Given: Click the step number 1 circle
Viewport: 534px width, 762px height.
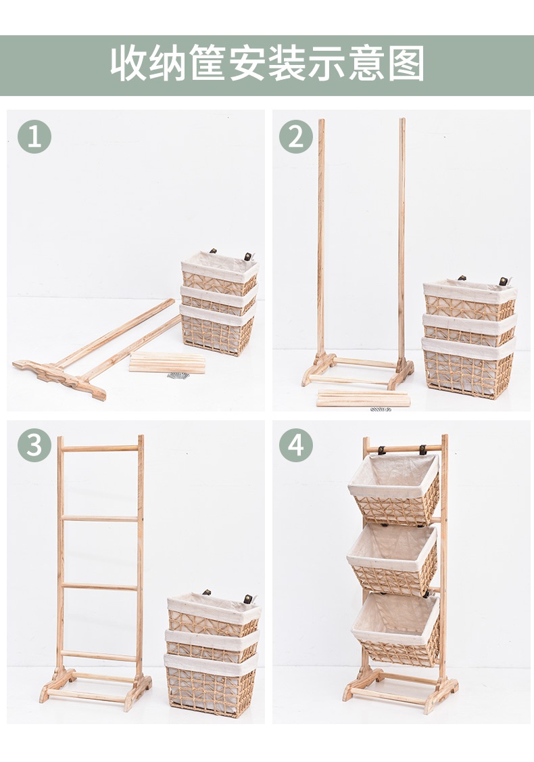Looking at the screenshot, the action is [34, 137].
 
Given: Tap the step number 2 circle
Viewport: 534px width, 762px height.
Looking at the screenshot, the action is [296, 137].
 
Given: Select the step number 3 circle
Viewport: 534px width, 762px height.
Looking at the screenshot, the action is [34, 445].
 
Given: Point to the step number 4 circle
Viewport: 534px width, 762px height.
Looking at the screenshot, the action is [296, 445].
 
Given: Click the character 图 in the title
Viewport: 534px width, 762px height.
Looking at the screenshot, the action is [406, 63].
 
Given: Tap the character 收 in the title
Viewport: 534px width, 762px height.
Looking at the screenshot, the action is [128, 63].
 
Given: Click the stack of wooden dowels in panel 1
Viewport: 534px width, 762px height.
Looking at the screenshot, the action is [167, 363].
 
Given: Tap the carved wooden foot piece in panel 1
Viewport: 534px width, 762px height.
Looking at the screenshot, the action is [59, 378].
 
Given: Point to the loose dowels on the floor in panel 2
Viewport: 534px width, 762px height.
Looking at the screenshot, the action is [364, 398].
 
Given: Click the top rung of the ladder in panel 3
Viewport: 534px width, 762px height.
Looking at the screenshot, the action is [101, 449].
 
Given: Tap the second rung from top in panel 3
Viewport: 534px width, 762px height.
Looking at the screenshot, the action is [101, 518].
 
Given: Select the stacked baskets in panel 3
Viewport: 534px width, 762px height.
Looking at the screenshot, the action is [213, 654].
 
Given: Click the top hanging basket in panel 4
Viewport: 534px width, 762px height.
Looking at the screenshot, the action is [394, 489].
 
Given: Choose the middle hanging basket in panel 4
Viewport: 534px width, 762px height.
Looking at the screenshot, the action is [393, 560].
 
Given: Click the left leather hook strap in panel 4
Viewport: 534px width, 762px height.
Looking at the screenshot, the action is [382, 449].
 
